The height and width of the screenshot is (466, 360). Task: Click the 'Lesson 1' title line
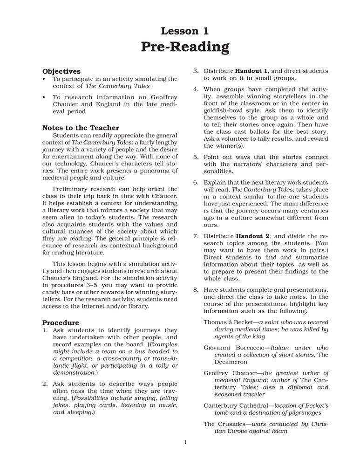(x=185, y=31)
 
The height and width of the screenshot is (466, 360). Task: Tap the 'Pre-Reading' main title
(x=185, y=47)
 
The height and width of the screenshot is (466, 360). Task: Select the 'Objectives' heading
(x=61, y=71)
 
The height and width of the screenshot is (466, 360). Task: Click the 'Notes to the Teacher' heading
(x=81, y=128)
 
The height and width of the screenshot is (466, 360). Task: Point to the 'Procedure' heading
(x=61, y=322)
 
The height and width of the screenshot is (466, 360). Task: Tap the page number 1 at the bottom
(x=185, y=443)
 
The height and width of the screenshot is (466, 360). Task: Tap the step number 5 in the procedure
(x=196, y=157)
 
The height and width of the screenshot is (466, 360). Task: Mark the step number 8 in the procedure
(x=196, y=289)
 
